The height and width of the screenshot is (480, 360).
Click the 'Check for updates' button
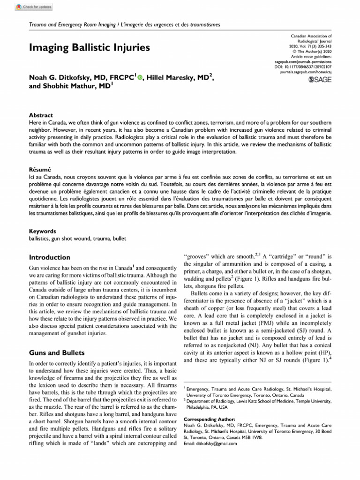click(34, 7)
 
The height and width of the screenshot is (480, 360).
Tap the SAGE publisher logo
click(319, 80)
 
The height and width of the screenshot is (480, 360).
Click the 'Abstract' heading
click(41, 115)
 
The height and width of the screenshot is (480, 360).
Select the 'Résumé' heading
click(40, 168)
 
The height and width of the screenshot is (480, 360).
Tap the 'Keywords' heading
click(43, 231)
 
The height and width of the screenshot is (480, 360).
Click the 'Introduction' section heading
click(50, 257)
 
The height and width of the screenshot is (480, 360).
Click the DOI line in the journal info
click(305, 67)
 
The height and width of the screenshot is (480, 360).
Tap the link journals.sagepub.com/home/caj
click(305, 73)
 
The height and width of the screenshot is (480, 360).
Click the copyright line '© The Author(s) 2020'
click(312, 51)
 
